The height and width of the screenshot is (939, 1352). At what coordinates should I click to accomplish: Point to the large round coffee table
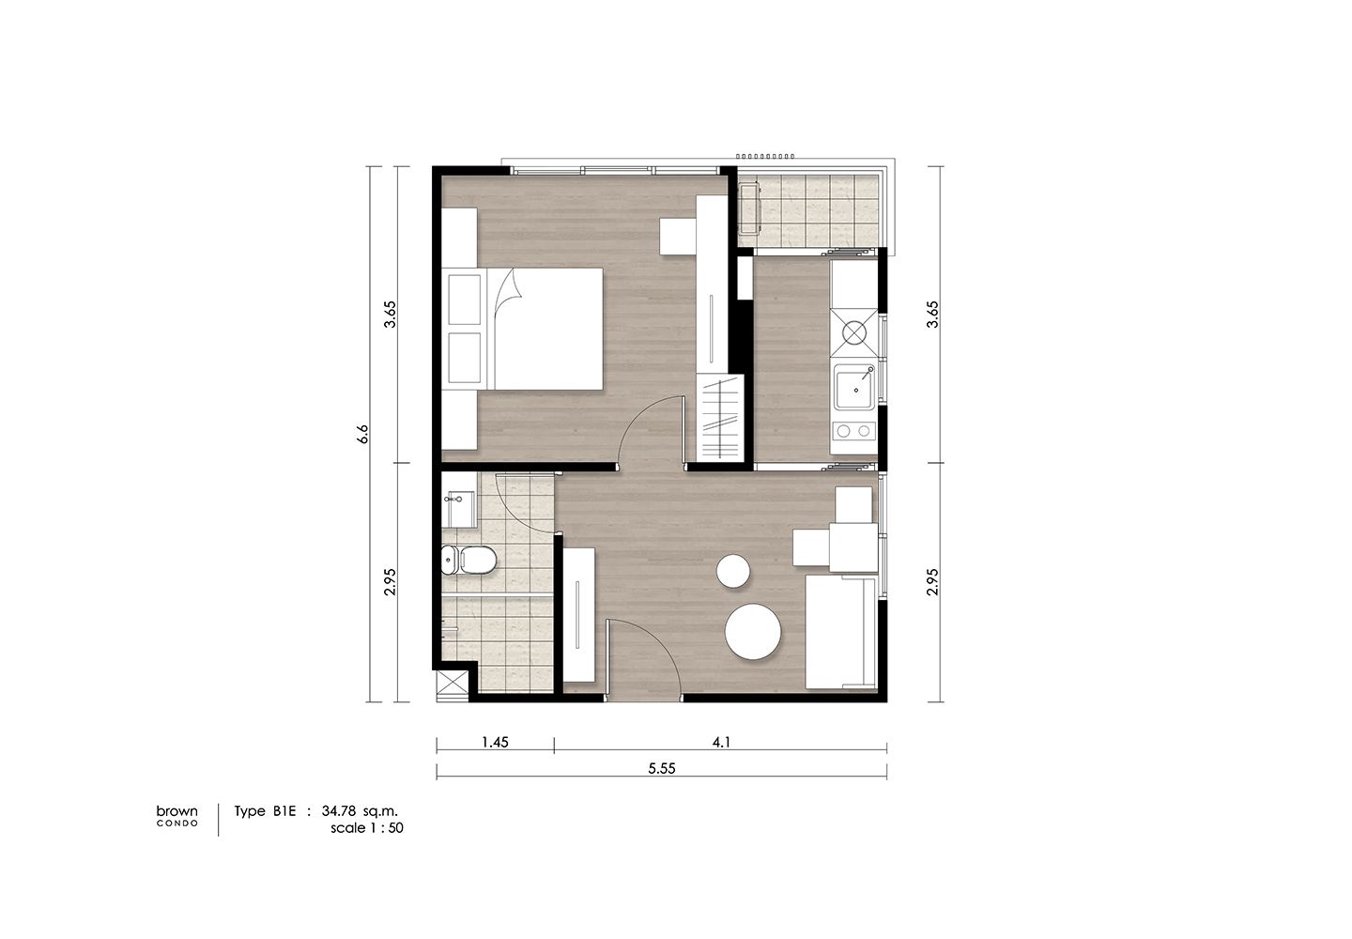(x=753, y=632)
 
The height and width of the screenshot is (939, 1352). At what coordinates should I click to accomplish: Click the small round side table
(x=733, y=572)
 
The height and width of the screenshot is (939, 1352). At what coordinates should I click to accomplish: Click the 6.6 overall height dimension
(x=362, y=433)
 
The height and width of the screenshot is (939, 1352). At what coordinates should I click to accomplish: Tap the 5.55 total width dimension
(x=662, y=768)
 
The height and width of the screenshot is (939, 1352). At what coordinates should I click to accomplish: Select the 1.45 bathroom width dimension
(x=495, y=742)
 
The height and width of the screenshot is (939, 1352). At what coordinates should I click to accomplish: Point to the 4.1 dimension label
(x=721, y=742)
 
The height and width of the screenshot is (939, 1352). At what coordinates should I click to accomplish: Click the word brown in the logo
(x=177, y=811)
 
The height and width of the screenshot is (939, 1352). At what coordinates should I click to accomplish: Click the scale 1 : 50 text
(x=366, y=828)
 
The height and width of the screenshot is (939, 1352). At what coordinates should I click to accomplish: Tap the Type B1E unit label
(x=265, y=811)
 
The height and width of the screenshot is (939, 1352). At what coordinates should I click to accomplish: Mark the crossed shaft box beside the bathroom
(x=453, y=686)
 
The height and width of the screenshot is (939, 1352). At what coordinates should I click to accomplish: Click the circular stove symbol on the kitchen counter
(x=854, y=332)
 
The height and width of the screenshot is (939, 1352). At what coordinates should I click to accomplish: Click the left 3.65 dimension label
(x=392, y=314)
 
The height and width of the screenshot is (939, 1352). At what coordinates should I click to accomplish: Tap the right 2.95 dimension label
(x=932, y=582)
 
